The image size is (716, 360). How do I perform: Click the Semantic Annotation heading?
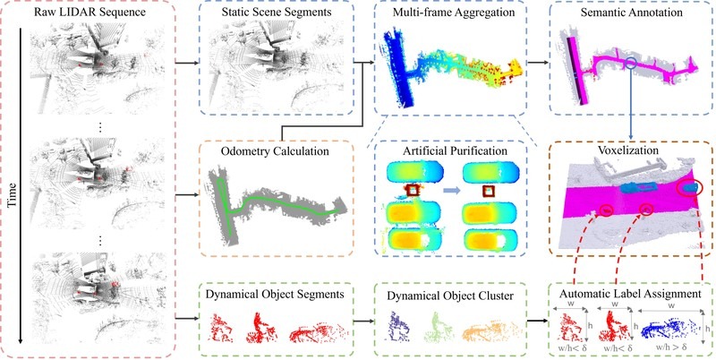(632, 12)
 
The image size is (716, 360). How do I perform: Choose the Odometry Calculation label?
(276, 150)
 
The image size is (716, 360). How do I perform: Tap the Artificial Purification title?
(450, 150)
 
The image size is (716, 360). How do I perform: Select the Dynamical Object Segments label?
(275, 294)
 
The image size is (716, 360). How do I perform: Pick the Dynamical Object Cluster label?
(450, 296)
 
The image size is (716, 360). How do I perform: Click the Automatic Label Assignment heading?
(632, 294)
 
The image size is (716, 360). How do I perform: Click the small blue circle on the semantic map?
(632, 64)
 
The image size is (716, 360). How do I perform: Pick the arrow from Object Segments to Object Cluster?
(363, 321)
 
